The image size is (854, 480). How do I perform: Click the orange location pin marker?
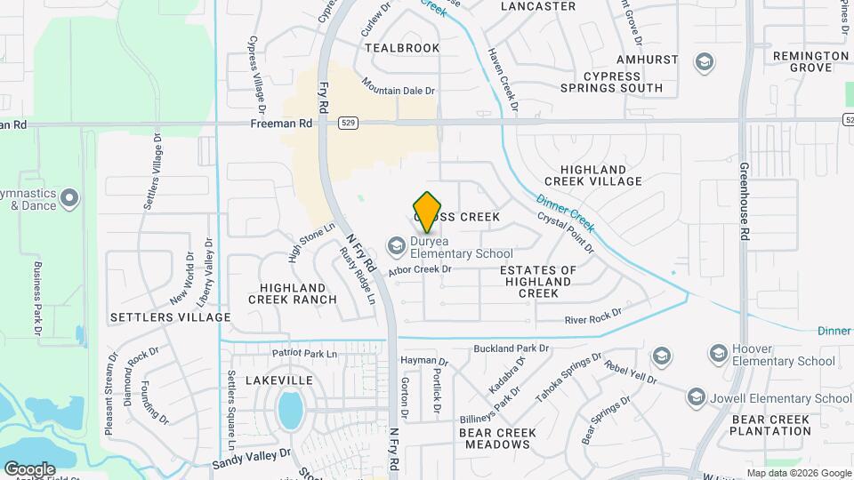428,212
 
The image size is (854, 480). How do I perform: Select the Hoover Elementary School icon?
717,353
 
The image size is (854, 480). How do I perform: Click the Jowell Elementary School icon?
697,397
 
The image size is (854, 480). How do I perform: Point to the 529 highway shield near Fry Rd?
349,124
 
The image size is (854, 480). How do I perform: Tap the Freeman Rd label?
281,124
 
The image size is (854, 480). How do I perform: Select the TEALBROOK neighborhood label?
402,48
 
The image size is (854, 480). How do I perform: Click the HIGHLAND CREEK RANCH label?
298,293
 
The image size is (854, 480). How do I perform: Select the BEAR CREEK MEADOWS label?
497,438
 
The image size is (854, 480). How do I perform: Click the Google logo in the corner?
29,468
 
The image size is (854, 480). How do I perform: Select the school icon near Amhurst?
705,62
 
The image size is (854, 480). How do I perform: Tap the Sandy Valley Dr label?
252,458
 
